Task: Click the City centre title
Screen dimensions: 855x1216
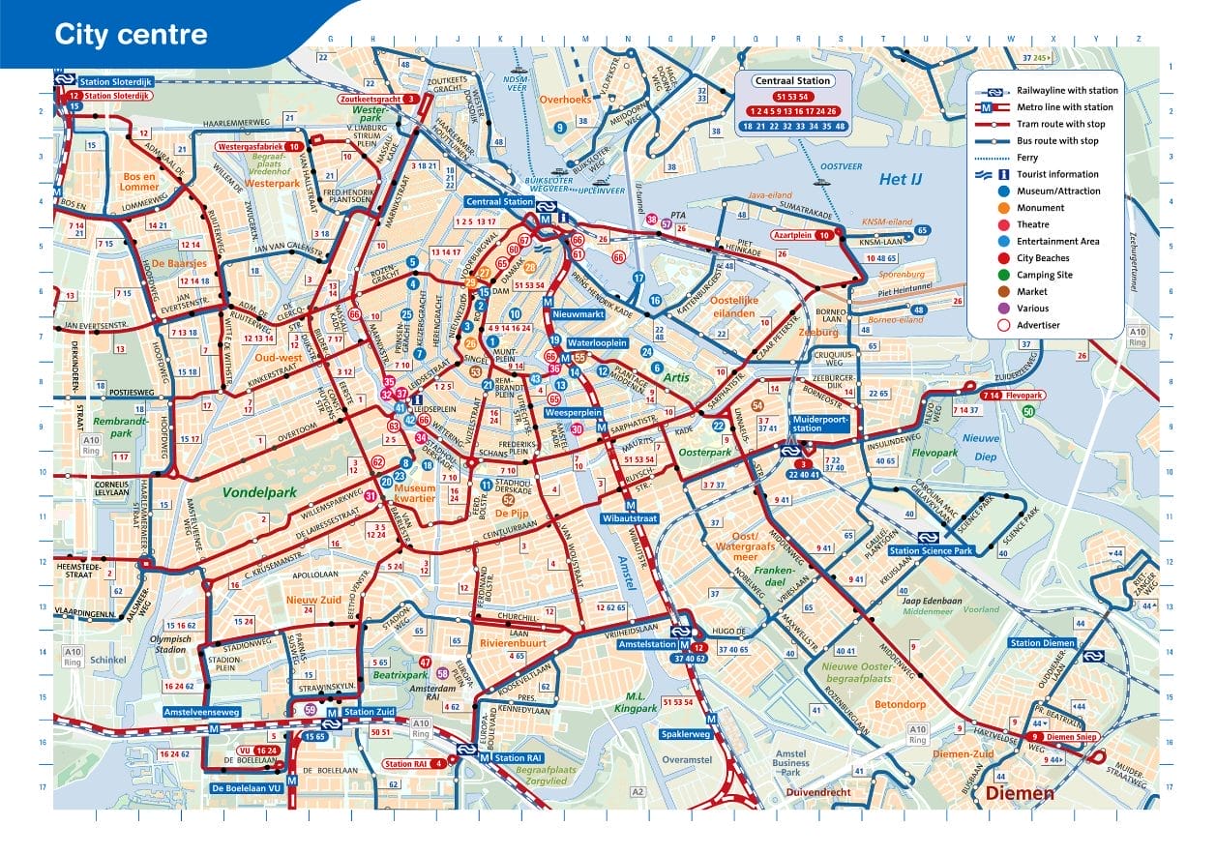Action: pos(131,36)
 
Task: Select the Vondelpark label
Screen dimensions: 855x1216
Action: pos(258,491)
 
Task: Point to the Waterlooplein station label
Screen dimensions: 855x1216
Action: pos(597,343)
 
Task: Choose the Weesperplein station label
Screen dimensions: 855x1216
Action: pos(575,412)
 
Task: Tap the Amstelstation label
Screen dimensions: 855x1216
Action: pos(645,644)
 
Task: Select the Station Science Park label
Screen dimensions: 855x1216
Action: pos(933,551)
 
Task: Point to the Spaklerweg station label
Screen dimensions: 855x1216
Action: pos(686,734)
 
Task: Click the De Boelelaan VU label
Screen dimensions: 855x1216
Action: pos(247,788)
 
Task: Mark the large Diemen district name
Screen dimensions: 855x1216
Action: pos(1020,794)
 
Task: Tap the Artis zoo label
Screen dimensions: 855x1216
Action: pos(675,377)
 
